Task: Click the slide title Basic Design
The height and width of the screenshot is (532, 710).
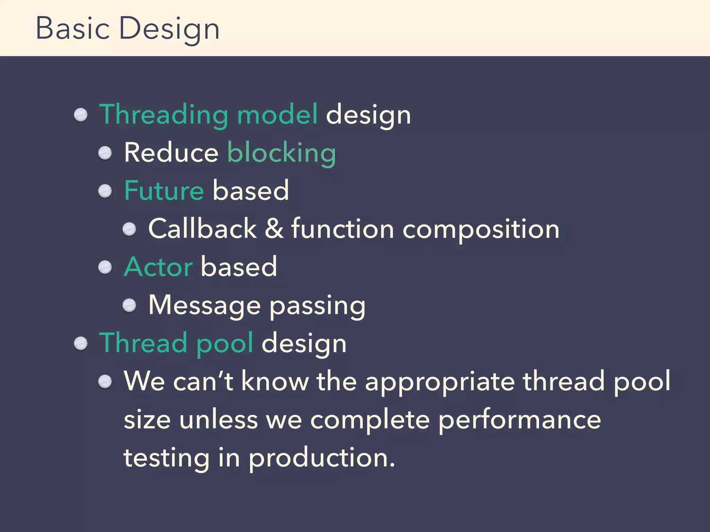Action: pos(127,28)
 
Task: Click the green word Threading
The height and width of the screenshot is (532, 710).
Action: pos(164,114)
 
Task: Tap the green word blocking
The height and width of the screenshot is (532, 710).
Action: pos(282,153)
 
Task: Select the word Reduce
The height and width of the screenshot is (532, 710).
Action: pos(171,153)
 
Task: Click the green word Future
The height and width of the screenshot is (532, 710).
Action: pos(164,190)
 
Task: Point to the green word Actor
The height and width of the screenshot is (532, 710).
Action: pos(158,267)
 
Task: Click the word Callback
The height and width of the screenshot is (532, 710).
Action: pos(202,229)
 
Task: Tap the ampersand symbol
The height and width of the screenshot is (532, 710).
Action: pos(274,229)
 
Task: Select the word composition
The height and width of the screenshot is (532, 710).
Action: pos(481,230)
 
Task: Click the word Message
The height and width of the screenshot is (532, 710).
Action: pos(205,305)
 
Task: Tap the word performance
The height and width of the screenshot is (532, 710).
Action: pos(519,420)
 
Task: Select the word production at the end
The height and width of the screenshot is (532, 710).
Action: pos(322,458)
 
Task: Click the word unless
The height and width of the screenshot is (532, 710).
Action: pos(218,419)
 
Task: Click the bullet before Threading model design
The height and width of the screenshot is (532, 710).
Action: pos(81,115)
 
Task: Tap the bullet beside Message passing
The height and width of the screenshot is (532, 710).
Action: pos(129,305)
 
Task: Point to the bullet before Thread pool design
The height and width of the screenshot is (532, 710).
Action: pos(81,344)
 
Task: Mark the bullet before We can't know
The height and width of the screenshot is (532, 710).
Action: pos(105,382)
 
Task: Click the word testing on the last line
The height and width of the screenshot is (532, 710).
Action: pos(167,458)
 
